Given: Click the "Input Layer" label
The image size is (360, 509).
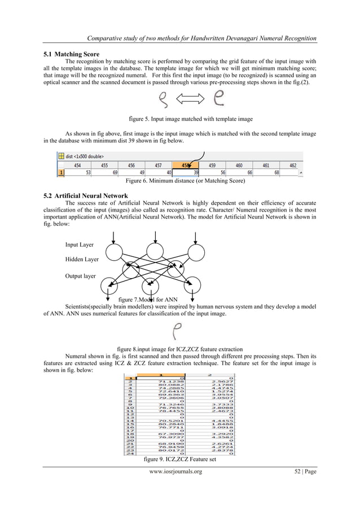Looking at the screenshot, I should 80,245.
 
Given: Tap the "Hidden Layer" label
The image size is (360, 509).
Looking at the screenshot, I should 82,260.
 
